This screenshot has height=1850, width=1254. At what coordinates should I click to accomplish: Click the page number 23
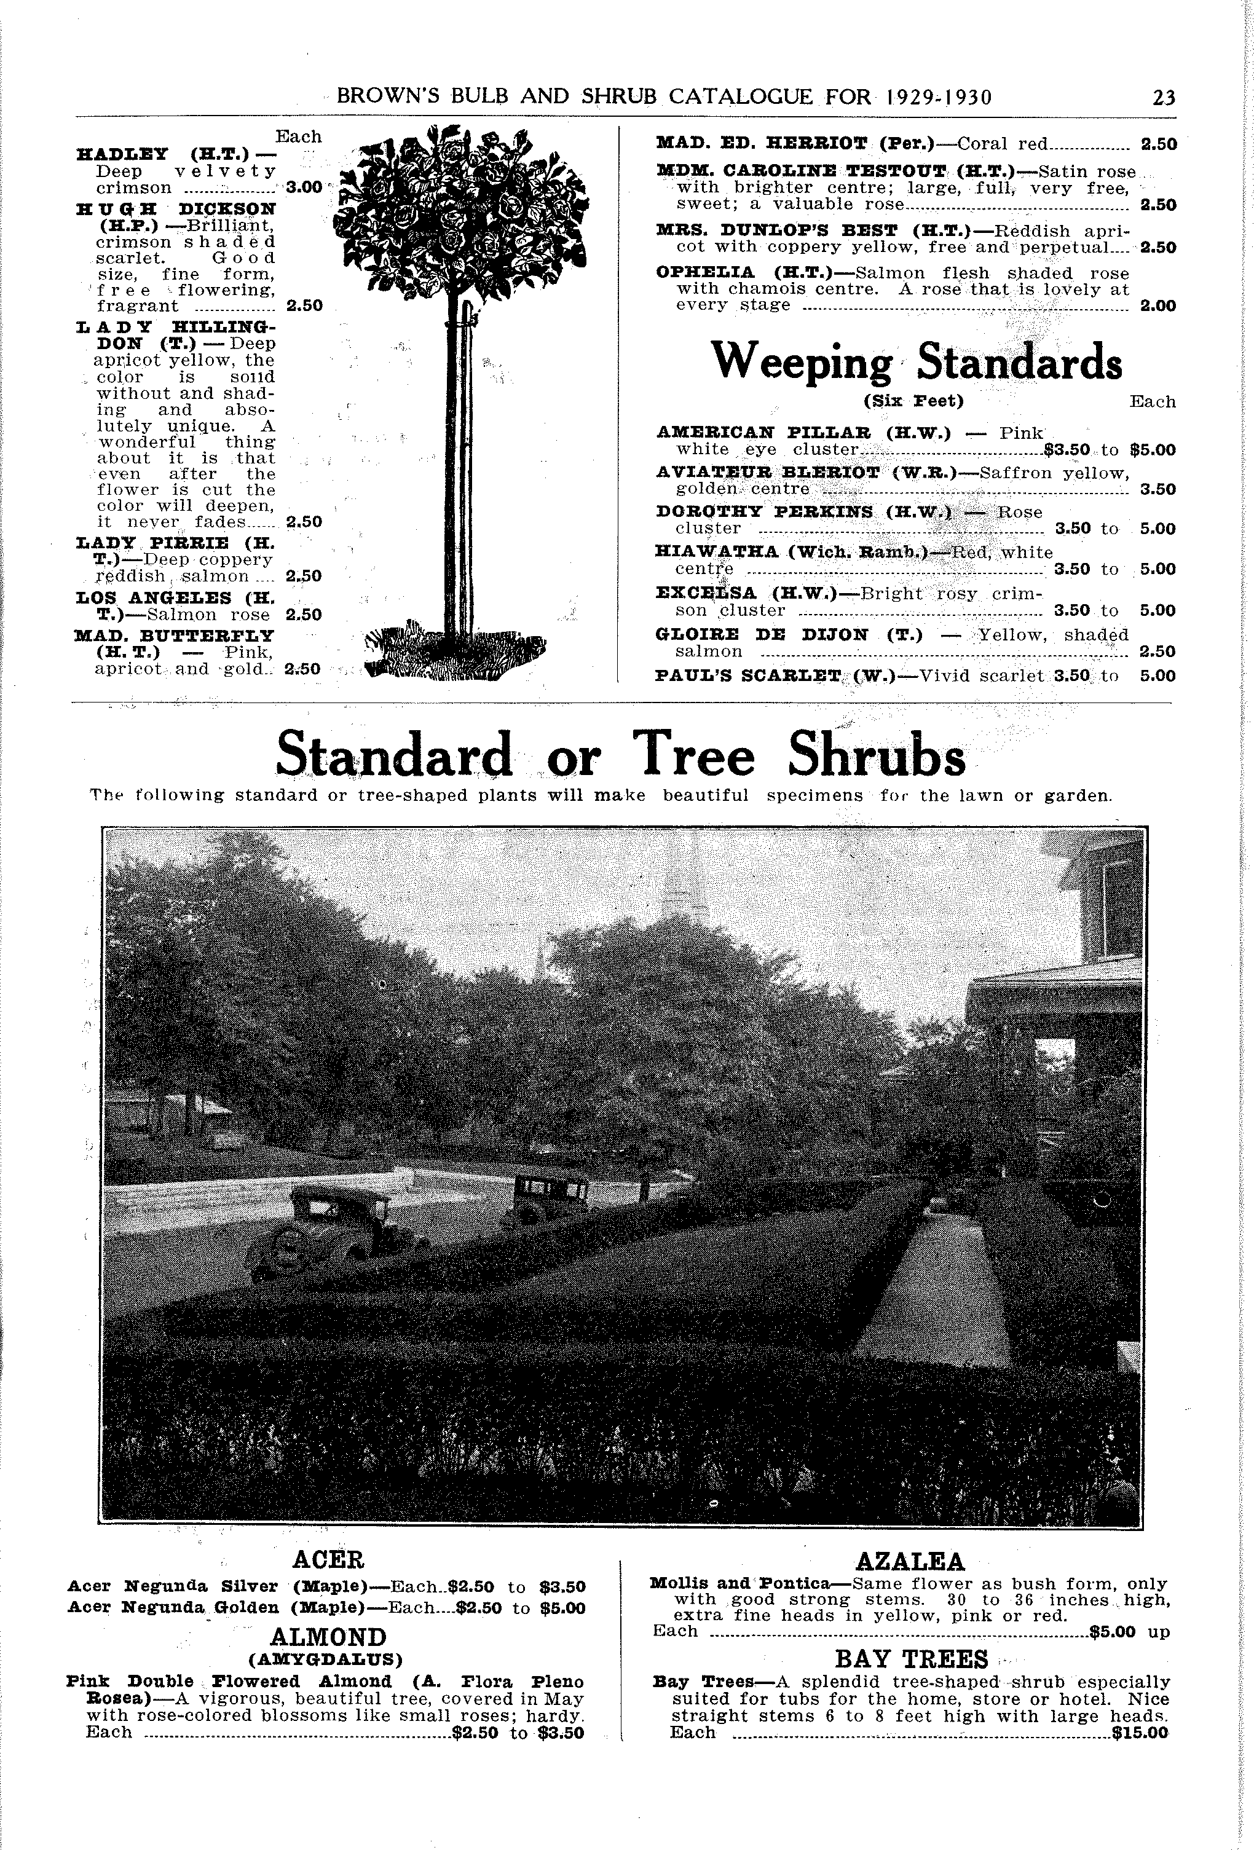point(1162,98)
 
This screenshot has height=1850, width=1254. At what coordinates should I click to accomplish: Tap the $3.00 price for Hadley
point(303,188)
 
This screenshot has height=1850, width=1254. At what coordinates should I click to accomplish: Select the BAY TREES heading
point(911,1659)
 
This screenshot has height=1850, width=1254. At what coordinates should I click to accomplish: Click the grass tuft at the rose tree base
point(454,655)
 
